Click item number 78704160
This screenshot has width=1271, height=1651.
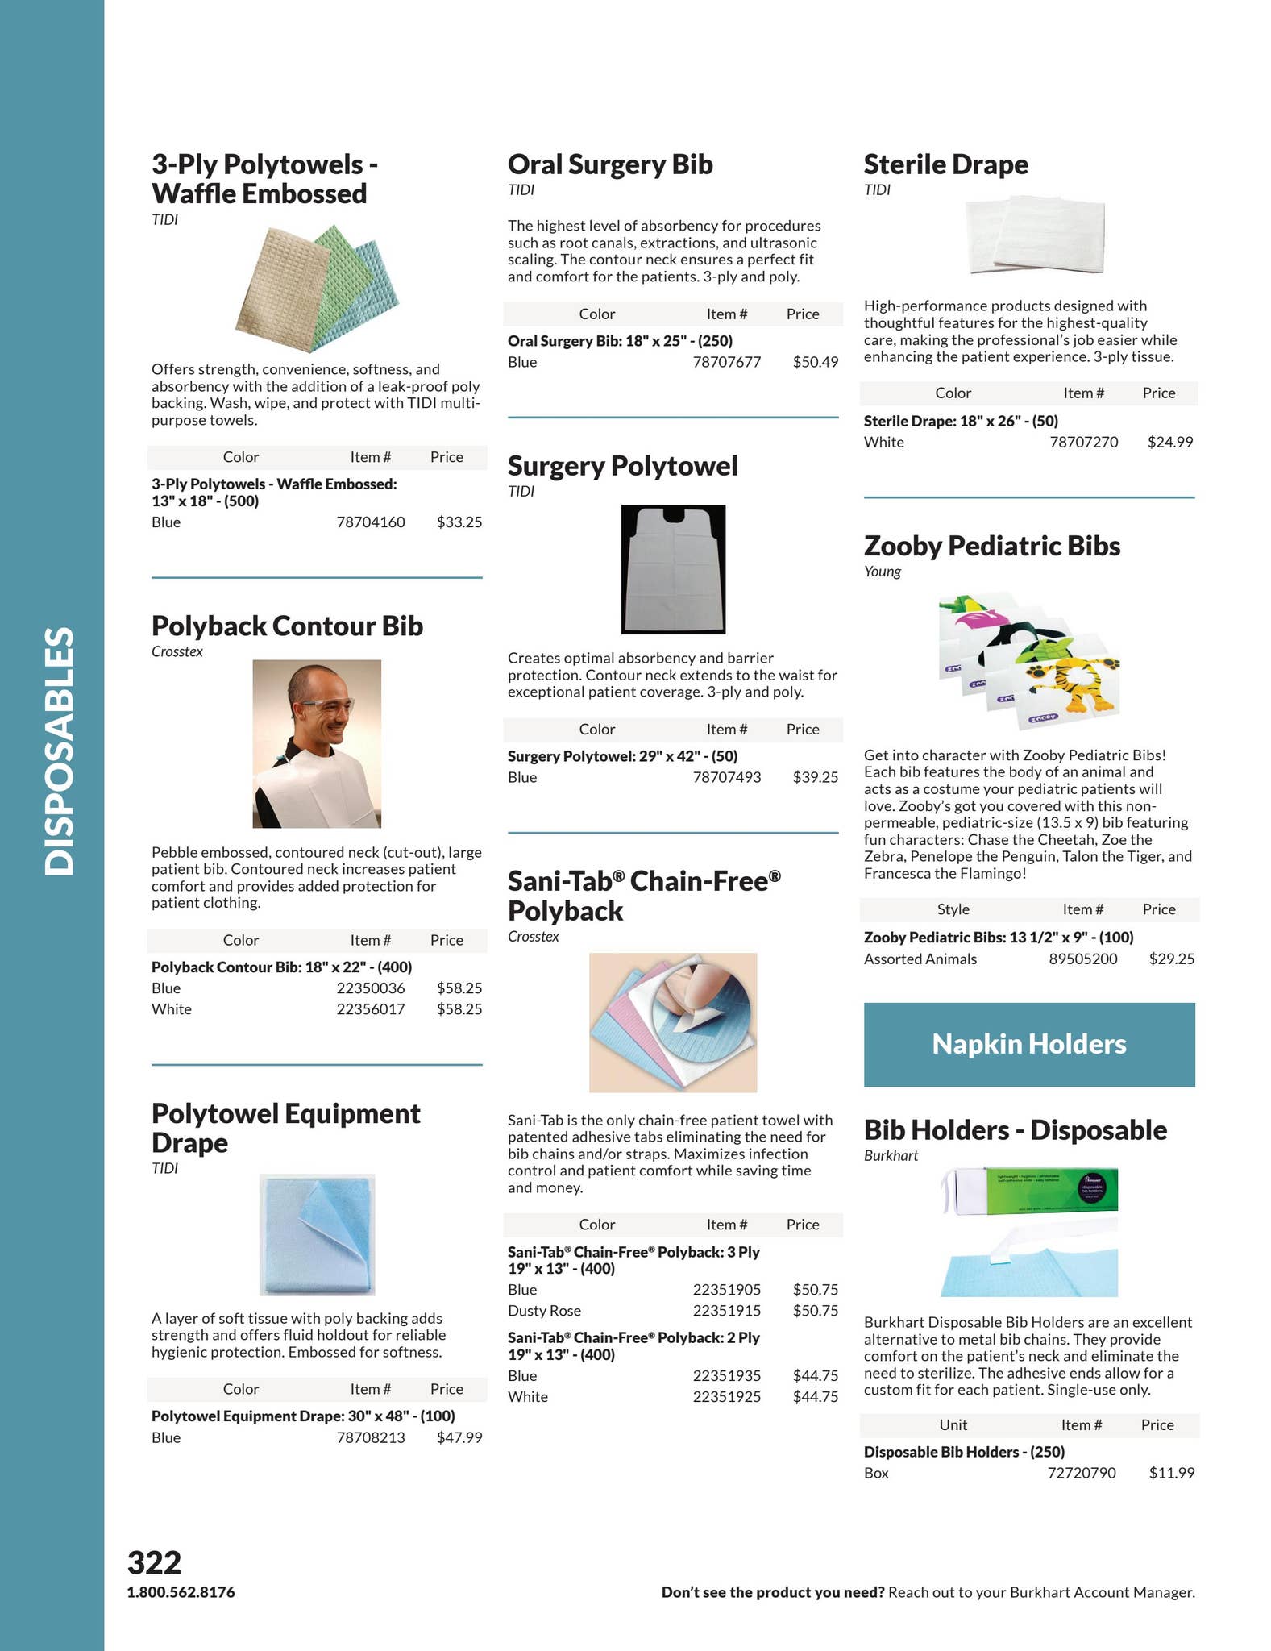click(x=370, y=522)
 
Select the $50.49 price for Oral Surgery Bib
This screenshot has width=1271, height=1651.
click(x=815, y=362)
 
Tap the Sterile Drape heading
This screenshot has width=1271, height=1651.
click(x=945, y=164)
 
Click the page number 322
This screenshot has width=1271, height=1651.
click(x=154, y=1562)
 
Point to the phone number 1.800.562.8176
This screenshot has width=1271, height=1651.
click(x=181, y=1592)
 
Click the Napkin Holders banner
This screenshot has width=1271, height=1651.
click(x=1028, y=1044)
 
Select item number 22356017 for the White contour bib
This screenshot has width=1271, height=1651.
click(x=370, y=1009)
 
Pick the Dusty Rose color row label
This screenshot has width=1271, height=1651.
click(x=544, y=1311)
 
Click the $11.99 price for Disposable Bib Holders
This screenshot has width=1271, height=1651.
click(x=1171, y=1473)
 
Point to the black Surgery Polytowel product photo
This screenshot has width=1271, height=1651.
click(x=673, y=569)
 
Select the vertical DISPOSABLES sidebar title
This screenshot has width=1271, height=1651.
click(x=60, y=751)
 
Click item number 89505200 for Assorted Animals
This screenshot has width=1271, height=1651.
click(x=1082, y=959)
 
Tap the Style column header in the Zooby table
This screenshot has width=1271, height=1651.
click(x=953, y=909)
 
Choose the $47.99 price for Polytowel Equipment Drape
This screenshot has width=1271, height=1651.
click(x=459, y=1437)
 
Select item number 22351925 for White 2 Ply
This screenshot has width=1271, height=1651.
click(x=726, y=1397)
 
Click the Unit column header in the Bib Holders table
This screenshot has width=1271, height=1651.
click(x=953, y=1425)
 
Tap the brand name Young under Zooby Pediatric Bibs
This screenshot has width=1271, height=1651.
click(x=882, y=572)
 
